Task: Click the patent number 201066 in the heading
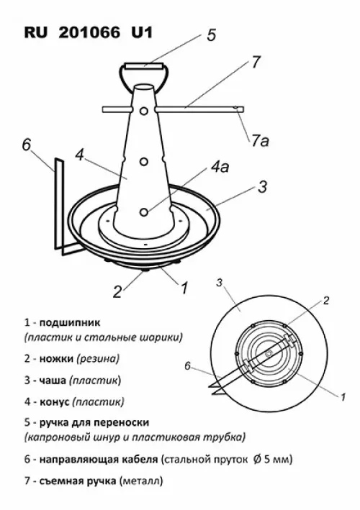[89, 33]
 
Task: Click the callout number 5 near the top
[212, 35]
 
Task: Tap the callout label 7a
[260, 141]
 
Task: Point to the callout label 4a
[220, 167]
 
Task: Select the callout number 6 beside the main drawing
[27, 145]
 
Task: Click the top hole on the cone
[143, 111]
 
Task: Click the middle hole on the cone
[143, 161]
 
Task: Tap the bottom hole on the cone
[143, 212]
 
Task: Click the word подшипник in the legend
[70, 323]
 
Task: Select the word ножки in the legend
[57, 359]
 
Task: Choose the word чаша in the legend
[53, 381]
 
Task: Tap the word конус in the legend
[54, 401]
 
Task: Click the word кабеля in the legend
[140, 460]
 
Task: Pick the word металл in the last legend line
[141, 481]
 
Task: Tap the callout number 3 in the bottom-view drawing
[220, 283]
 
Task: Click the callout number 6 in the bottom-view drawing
[187, 366]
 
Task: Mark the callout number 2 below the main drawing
[117, 292]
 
